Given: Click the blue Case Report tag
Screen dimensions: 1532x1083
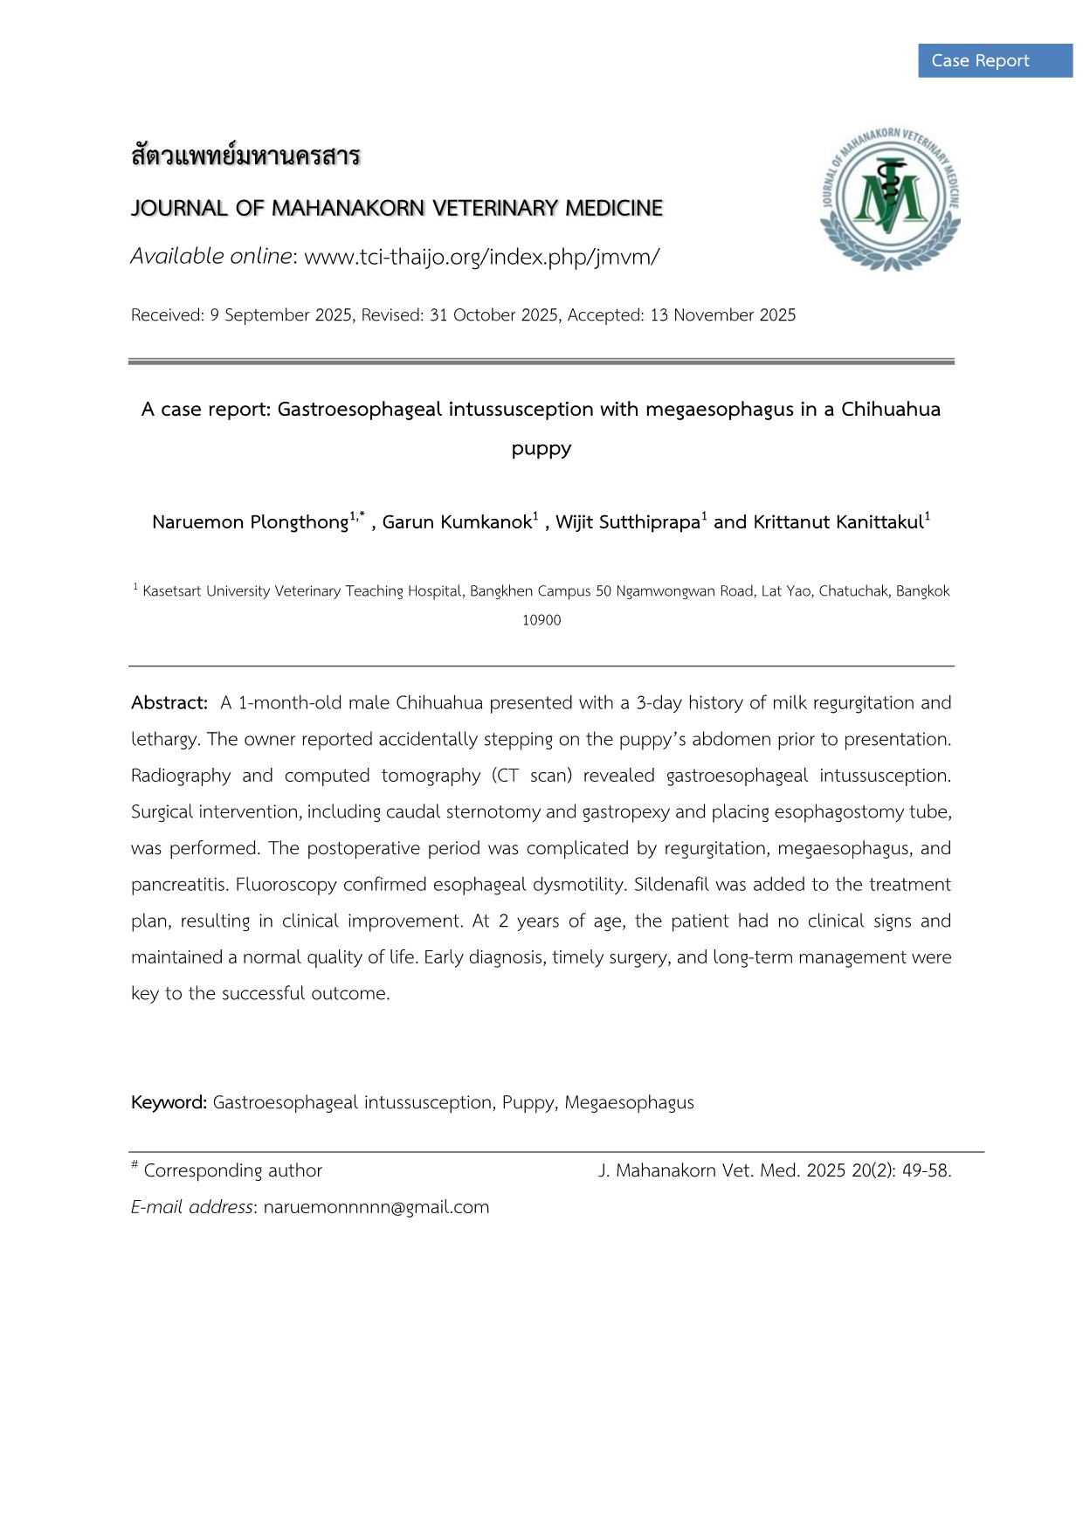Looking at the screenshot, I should coord(995,61).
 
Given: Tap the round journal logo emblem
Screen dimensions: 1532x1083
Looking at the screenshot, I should coord(890,199).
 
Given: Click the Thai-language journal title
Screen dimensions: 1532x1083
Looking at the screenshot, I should coord(245,157).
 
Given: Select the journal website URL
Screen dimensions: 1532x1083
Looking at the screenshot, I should coord(481,257).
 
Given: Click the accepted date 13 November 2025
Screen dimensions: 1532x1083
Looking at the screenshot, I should coord(722,315).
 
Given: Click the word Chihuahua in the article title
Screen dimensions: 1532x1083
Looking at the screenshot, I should coord(890,410).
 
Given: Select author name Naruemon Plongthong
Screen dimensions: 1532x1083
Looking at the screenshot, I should coord(250,522).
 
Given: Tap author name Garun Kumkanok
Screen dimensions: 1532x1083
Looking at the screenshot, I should coord(457,522).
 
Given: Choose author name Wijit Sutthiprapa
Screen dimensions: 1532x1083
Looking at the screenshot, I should coord(627,522).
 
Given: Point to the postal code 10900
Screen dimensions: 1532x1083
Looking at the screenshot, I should coord(541,620).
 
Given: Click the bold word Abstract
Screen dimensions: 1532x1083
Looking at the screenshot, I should coord(169,703).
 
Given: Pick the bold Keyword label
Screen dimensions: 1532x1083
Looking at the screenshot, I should coord(169,1102).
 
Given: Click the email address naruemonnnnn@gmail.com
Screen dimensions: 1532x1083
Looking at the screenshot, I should coord(376,1207).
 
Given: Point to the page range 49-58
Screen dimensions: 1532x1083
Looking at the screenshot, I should coord(926,1170).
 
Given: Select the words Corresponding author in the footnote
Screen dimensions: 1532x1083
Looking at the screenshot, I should coord(233,1170).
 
